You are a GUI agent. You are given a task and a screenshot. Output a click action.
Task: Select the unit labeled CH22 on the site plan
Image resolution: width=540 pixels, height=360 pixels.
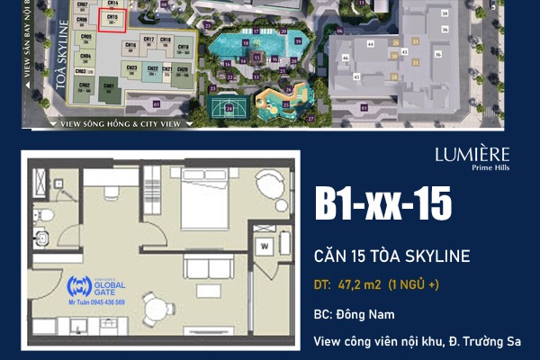(x=152, y=70)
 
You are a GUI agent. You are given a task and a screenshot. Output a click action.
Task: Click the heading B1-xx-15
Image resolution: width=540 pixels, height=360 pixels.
(x=382, y=205)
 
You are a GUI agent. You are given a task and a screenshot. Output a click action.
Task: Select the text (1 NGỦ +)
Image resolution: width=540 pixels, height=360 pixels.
(x=414, y=287)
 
